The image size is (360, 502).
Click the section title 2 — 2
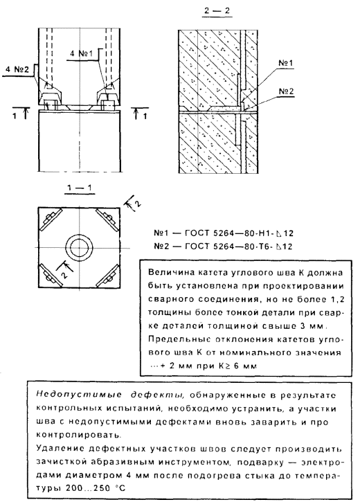[x=217, y=10]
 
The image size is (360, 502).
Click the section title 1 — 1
[x=79, y=187]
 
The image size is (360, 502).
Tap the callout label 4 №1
[x=81, y=53]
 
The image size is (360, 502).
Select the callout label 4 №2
[x=17, y=69]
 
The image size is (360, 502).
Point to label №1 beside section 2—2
[x=285, y=63]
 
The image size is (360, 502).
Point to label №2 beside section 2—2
[x=286, y=91]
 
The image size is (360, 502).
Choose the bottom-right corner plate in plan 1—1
[x=108, y=276]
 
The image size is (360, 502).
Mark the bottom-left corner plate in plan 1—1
[x=51, y=276]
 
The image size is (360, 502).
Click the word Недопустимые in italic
[x=79, y=395]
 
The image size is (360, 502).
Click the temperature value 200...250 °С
[x=96, y=489]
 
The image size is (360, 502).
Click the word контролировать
[x=79, y=435]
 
